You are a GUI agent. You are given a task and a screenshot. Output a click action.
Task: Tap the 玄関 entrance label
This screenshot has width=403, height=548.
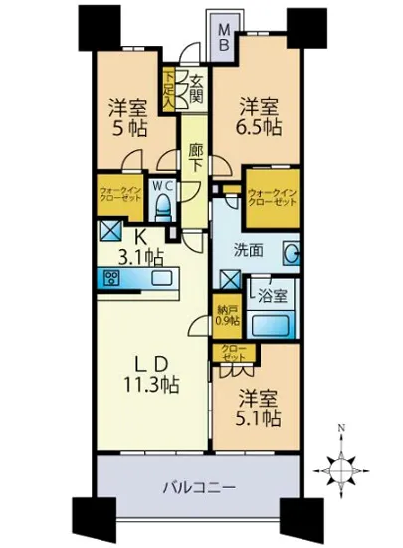click(196, 89)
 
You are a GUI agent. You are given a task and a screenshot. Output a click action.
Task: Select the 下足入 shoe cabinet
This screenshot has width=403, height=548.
click(171, 89)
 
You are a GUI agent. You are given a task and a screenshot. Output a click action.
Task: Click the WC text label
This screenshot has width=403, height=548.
click(164, 184)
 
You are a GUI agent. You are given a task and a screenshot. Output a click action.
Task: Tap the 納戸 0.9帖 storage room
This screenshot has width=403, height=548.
click(227, 315)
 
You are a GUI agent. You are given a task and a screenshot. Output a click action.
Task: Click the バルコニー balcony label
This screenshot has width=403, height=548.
click(195, 488)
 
